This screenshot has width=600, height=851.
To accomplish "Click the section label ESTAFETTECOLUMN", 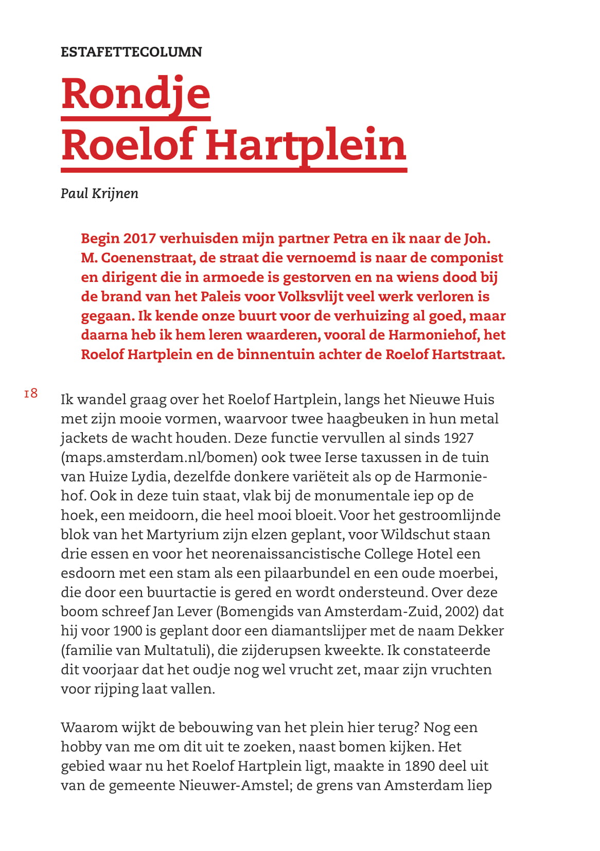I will (x=131, y=52).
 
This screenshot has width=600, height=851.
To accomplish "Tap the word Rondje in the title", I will (x=136, y=94).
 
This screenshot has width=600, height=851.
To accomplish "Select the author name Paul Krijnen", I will (x=99, y=193).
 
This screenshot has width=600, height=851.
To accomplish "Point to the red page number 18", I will (x=31, y=394).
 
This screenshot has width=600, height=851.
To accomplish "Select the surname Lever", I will (x=194, y=612).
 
